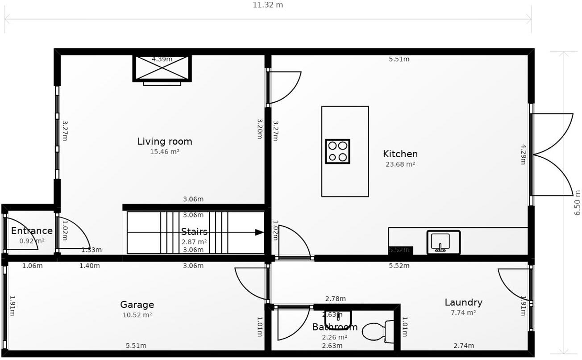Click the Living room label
click(x=165, y=142)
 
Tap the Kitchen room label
click(x=400, y=154)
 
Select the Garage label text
click(x=137, y=305)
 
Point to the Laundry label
click(x=463, y=302)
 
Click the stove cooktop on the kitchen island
click(x=337, y=151)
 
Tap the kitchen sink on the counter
click(x=443, y=242)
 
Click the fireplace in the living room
click(x=162, y=68)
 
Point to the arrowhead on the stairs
click(x=259, y=232)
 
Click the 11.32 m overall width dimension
click(x=268, y=5)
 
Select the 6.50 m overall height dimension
click(x=577, y=203)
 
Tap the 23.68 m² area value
click(x=400, y=164)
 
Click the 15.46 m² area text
click(x=165, y=152)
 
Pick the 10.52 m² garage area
click(x=137, y=315)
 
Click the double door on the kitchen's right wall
click(x=552, y=155)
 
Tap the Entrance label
click(x=32, y=231)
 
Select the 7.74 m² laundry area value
click(x=463, y=313)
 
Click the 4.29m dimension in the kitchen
click(x=523, y=154)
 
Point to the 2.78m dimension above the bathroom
click(x=335, y=299)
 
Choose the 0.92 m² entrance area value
click(x=32, y=241)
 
